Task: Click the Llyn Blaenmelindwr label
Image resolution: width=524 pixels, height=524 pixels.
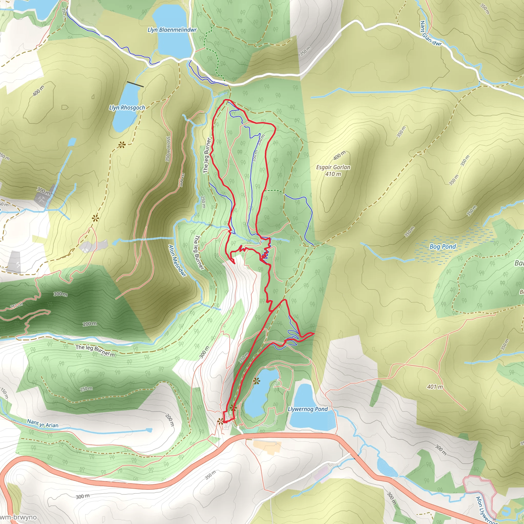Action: coord(172,30)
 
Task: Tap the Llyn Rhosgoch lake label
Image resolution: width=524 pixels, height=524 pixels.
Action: coord(127,108)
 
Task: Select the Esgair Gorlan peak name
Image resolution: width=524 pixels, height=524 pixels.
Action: coord(333,167)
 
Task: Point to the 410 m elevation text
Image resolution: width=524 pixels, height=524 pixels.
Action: coord(333,174)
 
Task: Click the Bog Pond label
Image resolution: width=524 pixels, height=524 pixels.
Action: coord(442,247)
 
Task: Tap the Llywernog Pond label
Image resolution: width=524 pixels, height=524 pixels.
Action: coord(308,409)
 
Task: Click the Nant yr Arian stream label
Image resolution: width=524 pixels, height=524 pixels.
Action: coord(42,424)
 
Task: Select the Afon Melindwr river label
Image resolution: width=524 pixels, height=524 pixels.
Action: coord(177,261)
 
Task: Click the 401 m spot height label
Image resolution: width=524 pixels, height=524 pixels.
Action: coord(435,387)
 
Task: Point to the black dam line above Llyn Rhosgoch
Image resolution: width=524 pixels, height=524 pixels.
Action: coord(135,84)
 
